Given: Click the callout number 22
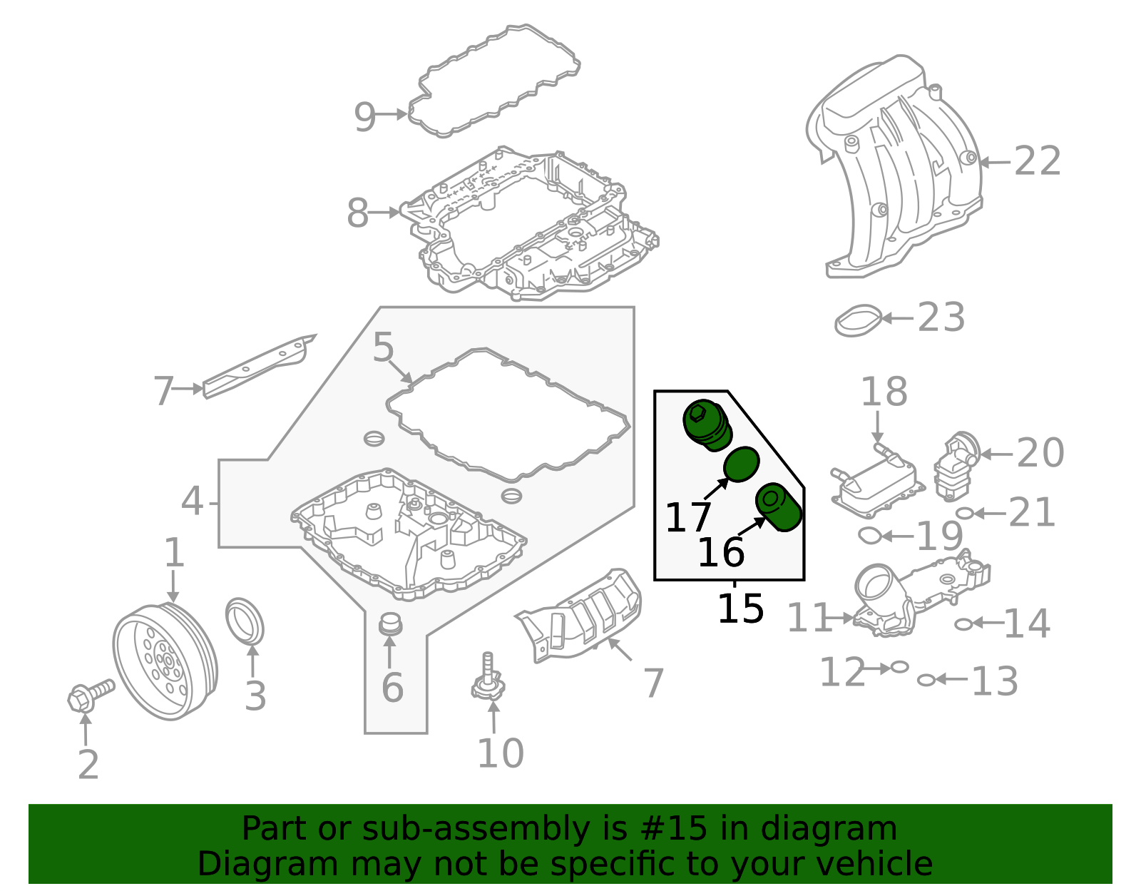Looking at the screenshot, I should tap(1038, 161).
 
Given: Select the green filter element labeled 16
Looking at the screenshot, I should tap(779, 507).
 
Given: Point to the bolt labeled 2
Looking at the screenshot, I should tap(90, 693).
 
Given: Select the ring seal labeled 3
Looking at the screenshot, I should tap(245, 621).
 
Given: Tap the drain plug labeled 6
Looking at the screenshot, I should tap(389, 624).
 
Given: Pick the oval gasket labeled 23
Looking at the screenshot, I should tap(858, 320).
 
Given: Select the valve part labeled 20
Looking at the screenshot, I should tap(956, 464).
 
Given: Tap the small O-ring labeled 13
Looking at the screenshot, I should tap(926, 680).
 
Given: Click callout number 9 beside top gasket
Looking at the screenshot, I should tap(364, 116).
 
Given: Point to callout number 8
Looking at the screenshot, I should tap(358, 213).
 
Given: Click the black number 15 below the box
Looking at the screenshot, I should tap(740, 609).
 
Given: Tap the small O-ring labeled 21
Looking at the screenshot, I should tap(963, 513).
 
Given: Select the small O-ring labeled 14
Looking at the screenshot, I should tap(963, 624).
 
